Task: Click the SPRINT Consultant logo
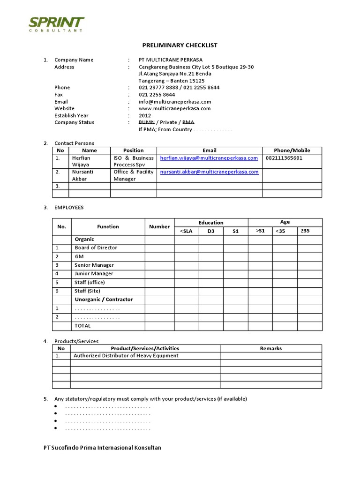pos(56,24)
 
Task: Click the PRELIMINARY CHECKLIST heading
pos(180,45)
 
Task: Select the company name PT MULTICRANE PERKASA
pos(171,60)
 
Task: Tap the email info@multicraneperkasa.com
pos(174,102)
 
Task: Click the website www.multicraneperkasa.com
pos(174,108)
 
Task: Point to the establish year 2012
pos(145,115)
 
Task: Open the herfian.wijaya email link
pos(209,158)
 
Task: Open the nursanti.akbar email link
pos(209,172)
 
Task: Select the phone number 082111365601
pos(284,158)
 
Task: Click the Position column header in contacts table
pos(133,150)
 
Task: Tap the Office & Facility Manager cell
pos(133,175)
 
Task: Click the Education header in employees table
pos(211,223)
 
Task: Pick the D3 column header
pos(211,231)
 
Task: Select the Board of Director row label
pos(96,247)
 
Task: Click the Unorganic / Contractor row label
pos(104,300)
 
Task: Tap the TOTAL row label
pos(83,326)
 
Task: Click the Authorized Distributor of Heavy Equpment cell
pos(126,356)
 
